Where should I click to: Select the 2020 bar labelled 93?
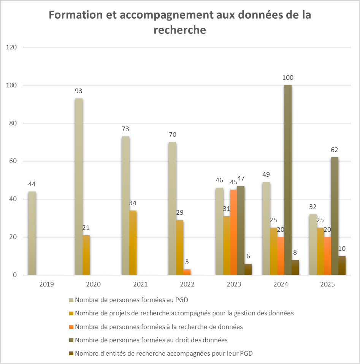(79, 187)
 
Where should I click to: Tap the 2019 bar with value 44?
(32, 233)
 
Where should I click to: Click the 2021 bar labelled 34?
(133, 242)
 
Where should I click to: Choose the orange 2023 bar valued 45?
(233, 232)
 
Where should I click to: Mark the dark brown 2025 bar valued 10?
(342, 265)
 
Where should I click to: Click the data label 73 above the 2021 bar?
(125, 129)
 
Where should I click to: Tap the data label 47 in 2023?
(241, 178)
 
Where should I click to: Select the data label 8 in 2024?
(295, 252)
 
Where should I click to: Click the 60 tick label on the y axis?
(13, 161)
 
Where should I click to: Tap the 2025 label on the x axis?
(327, 284)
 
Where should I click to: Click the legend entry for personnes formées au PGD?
(132, 300)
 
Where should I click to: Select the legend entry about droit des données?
(151, 340)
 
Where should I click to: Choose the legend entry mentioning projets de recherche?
(184, 313)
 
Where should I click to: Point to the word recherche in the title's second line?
(180, 30)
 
